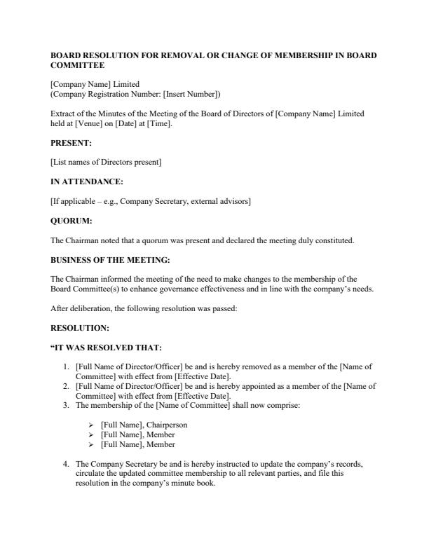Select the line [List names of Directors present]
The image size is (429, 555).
click(107, 163)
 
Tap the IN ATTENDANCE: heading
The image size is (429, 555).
click(86, 182)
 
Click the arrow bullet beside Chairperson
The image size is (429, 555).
click(90, 425)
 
